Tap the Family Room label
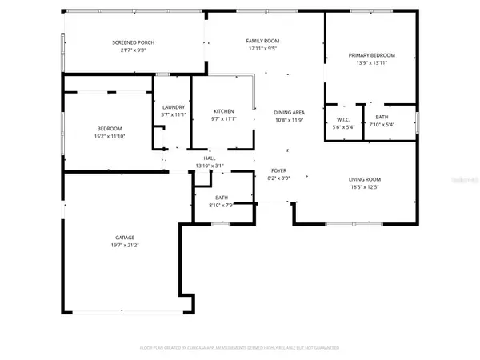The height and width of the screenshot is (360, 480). tap(262, 39)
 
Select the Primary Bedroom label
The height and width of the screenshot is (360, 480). tap(372, 55)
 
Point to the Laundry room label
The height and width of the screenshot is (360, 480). tap(174, 107)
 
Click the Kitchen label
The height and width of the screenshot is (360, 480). tap(223, 110)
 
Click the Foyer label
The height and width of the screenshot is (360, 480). tap(278, 170)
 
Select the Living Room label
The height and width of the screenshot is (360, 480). tap(364, 179)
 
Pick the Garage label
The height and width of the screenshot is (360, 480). tap(124, 237)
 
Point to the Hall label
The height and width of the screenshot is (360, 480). tap(210, 158)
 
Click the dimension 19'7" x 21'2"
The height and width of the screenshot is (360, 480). tap(124, 245)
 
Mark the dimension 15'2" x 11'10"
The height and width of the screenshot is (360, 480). tap(110, 137)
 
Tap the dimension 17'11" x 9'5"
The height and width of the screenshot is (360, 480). tap(262, 47)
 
